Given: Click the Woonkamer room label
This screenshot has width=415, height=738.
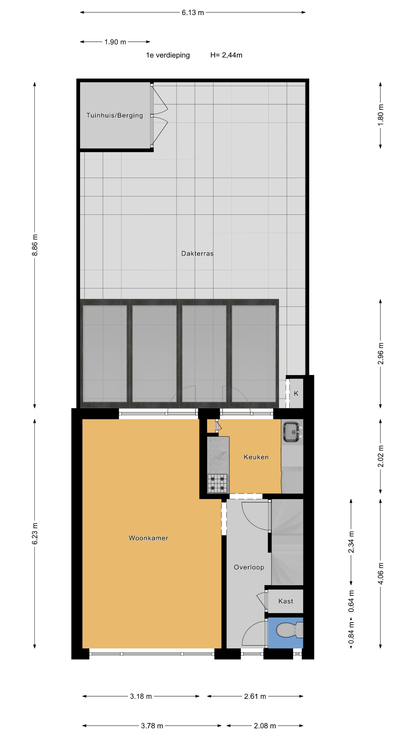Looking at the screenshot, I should (x=148, y=538).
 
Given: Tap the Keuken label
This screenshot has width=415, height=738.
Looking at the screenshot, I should (x=256, y=457).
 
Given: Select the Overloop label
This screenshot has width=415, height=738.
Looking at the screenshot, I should (x=249, y=567).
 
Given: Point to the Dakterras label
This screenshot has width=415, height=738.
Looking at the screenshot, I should (x=197, y=253).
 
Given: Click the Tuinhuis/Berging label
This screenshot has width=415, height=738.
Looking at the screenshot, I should (x=115, y=116).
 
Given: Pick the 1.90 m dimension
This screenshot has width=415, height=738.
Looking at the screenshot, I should (x=115, y=42).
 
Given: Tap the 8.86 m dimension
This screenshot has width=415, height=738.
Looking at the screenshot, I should (x=35, y=245).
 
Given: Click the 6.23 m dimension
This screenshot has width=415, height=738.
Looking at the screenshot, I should (x=35, y=534).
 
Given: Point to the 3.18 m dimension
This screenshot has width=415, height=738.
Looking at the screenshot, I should (x=141, y=696).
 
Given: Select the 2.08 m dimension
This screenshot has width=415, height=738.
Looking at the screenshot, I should (x=265, y=726).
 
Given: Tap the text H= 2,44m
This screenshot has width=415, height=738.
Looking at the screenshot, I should (x=226, y=55).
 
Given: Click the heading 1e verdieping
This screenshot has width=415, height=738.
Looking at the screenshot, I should (x=168, y=55).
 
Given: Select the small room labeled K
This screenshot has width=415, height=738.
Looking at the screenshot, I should (x=296, y=393).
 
